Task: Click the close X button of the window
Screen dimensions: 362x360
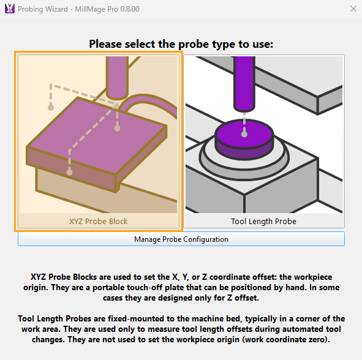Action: pyautogui.click(x=353, y=9)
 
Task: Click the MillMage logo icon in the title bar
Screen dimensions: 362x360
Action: pyautogui.click(x=10, y=9)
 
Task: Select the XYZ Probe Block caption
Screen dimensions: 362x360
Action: pyautogui.click(x=99, y=221)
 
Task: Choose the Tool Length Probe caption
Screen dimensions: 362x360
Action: pyautogui.click(x=263, y=221)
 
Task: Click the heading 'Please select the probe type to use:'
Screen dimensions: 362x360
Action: pyautogui.click(x=181, y=44)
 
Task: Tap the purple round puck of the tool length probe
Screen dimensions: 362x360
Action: pyautogui.click(x=244, y=139)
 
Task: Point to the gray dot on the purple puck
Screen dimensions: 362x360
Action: pyautogui.click(x=244, y=134)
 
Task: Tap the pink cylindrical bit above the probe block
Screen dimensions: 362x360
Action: pyautogui.click(x=117, y=77)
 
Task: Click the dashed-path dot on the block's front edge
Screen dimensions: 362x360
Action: pyautogui.click(x=69, y=171)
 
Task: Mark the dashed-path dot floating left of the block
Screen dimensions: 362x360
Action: pyautogui.click(x=51, y=107)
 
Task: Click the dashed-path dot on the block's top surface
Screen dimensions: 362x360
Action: pyautogui.click(x=117, y=128)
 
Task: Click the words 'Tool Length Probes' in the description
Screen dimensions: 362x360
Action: pyautogui.click(x=55, y=319)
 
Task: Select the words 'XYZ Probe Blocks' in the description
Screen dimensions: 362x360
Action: pyautogui.click(x=64, y=277)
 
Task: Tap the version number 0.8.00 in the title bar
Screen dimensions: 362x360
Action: pyautogui.click(x=130, y=9)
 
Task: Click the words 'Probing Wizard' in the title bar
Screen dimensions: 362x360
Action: pyautogui.click(x=43, y=9)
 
